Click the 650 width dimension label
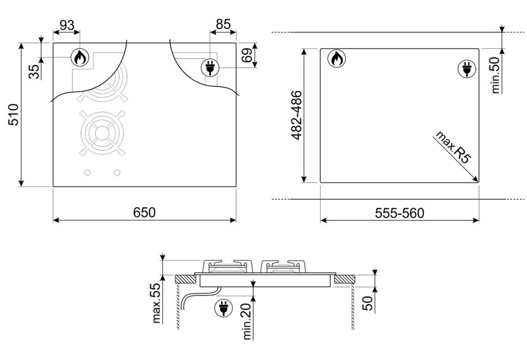point(144,213)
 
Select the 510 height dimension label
point(14,115)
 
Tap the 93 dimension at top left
point(66,25)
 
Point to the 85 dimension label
point(223,24)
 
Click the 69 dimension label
point(247,55)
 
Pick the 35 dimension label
point(34,72)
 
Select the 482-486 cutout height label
point(297,115)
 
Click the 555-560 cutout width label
point(400,213)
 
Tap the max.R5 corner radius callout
point(453,147)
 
